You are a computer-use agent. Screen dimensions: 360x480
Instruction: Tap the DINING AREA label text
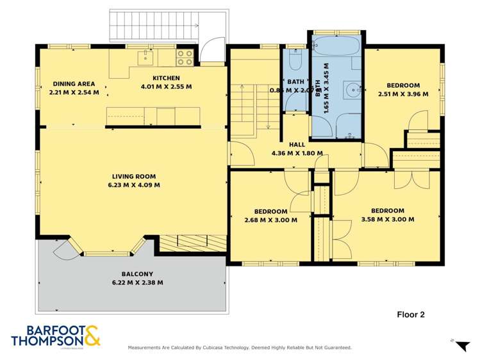pyautogui.click(x=74, y=83)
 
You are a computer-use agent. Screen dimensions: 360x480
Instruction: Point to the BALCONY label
pyautogui.click(x=133, y=274)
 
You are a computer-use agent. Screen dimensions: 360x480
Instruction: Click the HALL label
pyautogui.click(x=297, y=145)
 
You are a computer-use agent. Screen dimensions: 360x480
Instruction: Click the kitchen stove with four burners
pyautogui.click(x=185, y=58)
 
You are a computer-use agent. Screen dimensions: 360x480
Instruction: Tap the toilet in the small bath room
pyautogui.click(x=294, y=61)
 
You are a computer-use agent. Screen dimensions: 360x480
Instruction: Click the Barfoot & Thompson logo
pyautogui.click(x=56, y=336)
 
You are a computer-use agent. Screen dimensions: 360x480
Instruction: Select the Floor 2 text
pyautogui.click(x=411, y=315)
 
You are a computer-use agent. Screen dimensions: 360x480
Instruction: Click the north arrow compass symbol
pyautogui.click(x=460, y=346)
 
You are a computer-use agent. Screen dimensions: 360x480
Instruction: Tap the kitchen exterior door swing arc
pyautogui.click(x=210, y=52)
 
